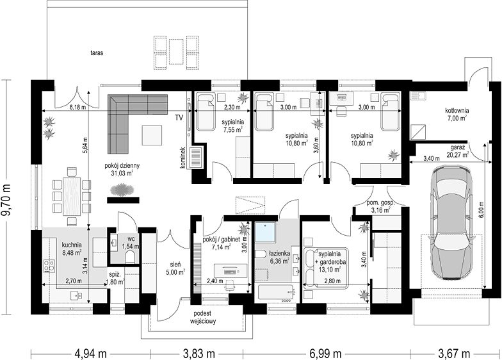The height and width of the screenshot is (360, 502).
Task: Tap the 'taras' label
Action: (x=97, y=53)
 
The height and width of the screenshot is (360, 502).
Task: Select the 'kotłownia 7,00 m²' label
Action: (x=456, y=114)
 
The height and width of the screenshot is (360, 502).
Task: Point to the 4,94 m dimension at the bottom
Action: (x=91, y=354)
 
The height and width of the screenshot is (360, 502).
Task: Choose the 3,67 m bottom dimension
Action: (x=454, y=354)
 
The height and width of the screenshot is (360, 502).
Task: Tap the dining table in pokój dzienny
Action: (x=70, y=196)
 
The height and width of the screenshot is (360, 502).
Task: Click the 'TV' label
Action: (x=179, y=118)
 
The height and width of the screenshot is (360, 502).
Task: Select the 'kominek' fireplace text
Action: (x=183, y=158)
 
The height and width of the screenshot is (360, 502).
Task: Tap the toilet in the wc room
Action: (x=131, y=256)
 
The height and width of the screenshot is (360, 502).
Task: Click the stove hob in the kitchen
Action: (x=49, y=265)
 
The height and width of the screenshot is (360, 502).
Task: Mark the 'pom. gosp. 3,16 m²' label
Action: (x=380, y=206)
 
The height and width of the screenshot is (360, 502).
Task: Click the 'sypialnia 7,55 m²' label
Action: (x=232, y=126)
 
